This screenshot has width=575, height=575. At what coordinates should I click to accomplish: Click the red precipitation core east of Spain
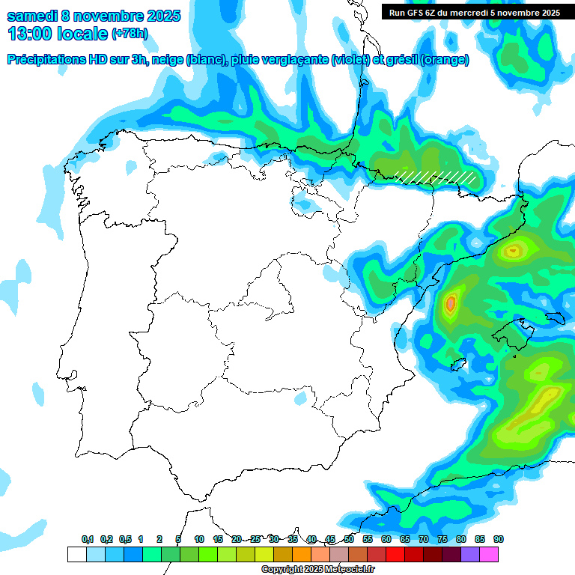450,304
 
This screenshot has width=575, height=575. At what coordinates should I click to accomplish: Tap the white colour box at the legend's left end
76,554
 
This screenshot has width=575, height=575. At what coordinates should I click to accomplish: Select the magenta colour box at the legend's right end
489,554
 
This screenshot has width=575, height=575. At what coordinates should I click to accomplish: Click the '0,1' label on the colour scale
88,539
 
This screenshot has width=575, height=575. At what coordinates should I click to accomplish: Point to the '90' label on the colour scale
499,539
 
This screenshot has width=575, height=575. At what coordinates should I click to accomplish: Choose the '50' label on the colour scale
349,539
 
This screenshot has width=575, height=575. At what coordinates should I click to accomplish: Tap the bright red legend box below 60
395,554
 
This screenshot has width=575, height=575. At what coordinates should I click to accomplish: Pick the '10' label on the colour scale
199,539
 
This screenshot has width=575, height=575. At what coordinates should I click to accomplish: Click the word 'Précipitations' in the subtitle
46,60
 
